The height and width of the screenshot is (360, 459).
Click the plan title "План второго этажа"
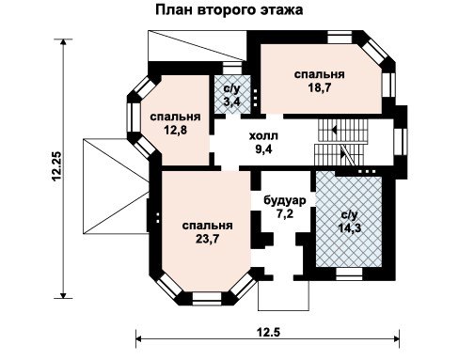pos(229,10)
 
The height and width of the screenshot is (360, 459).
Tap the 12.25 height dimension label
pos(57,166)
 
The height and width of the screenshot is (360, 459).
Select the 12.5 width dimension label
pos(268,332)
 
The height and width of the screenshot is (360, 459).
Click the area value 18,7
pos(319,87)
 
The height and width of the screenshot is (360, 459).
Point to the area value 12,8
pos(175,130)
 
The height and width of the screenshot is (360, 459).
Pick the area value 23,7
pos(207,239)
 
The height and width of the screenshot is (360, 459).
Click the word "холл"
pos(263,136)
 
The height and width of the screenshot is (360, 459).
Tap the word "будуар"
pos(285,200)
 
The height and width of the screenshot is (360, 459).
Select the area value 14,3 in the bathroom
pos(350,227)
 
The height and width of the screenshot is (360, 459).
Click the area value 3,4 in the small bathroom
pos(232,102)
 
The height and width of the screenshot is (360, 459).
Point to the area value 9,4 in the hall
pos(263,149)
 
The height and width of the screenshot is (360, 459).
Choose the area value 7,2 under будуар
pos(285,214)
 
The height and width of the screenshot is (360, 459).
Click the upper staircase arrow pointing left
pos(334,129)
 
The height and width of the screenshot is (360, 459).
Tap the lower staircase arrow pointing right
pos(342,153)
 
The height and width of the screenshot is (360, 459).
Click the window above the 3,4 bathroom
pos(232,69)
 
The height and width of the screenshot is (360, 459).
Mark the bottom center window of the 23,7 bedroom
pos(207,299)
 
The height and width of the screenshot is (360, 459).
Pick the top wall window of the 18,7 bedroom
pos(340,37)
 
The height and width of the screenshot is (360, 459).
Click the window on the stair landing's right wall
pos(401,142)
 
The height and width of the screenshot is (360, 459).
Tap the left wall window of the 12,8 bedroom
pos(134,117)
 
